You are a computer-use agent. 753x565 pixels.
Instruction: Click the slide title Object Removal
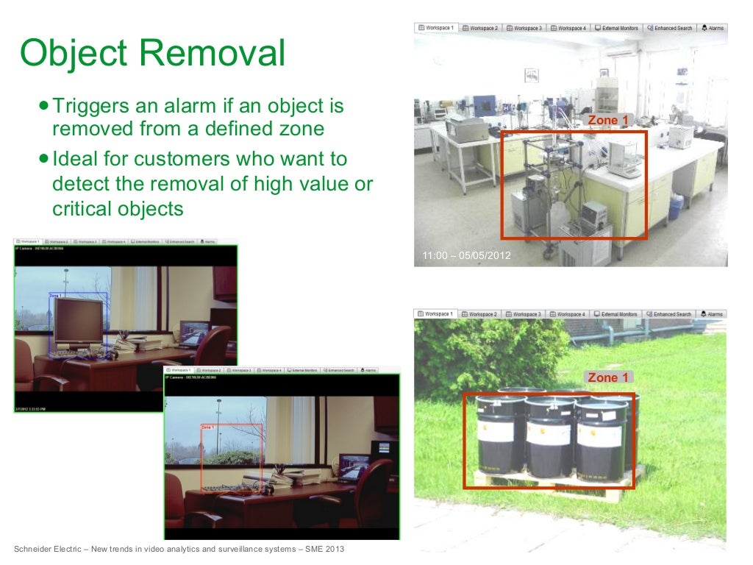[x=152, y=54]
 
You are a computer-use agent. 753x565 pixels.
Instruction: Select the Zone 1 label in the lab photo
[x=608, y=120]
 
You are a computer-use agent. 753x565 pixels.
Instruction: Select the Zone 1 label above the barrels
[x=608, y=377]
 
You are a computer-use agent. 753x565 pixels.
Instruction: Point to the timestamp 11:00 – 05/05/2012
[x=466, y=256]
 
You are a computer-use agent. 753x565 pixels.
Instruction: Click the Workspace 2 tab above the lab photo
[x=480, y=28]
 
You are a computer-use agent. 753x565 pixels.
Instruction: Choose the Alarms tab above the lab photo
[x=713, y=28]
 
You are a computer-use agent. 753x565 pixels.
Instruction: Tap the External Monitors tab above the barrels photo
[x=615, y=314]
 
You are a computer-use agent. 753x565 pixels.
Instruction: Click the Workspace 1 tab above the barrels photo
[x=435, y=314]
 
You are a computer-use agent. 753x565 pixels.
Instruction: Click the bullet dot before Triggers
[x=45, y=106]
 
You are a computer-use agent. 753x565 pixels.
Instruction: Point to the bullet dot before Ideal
[x=45, y=159]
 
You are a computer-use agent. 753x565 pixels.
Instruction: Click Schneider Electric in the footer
[x=46, y=550]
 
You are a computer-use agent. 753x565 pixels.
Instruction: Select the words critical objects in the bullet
[x=117, y=209]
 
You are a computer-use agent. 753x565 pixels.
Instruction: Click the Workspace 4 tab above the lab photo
[x=568, y=28]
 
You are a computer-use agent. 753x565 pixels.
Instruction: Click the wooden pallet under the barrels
[x=552, y=483]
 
